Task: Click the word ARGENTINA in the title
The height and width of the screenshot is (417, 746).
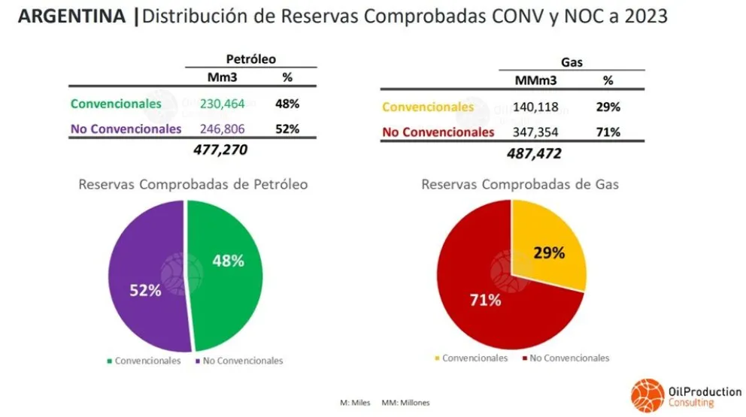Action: point(71,17)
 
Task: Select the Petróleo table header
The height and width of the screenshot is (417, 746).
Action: point(251,58)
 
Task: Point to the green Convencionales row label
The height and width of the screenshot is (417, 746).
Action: point(116,104)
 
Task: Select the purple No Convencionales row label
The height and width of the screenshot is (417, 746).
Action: point(126,128)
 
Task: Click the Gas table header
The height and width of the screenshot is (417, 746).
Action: point(572,63)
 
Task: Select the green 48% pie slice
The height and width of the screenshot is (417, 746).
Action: point(226,270)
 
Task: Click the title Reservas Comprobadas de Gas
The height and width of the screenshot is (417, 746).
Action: point(520,184)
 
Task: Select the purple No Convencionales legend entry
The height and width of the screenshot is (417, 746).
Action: point(238,361)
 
